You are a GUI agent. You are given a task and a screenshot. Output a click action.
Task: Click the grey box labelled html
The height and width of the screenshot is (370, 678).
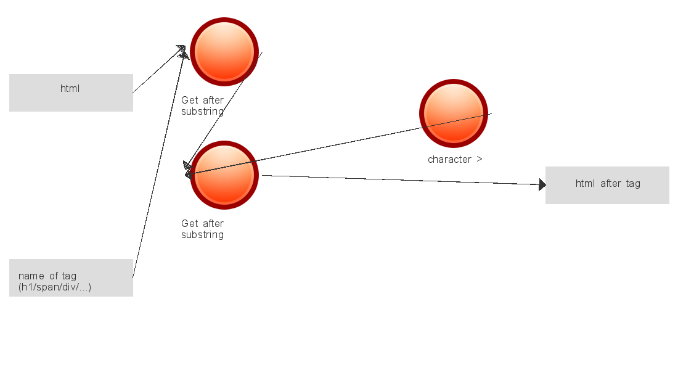point(71,92)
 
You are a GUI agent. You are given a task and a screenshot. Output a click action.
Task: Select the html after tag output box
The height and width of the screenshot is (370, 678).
point(607,185)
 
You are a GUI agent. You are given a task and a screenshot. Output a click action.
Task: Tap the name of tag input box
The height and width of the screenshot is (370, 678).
point(71,277)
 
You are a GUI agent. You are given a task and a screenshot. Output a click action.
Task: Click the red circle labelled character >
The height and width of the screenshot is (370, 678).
point(454,113)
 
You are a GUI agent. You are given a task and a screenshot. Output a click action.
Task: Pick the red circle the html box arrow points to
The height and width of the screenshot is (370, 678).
point(224,52)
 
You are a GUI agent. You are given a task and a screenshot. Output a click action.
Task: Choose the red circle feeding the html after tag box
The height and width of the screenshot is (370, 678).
point(224,175)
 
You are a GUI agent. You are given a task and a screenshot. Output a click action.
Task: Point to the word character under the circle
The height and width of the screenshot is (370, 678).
point(449,159)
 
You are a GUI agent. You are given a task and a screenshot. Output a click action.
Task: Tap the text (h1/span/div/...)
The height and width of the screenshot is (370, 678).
point(55,287)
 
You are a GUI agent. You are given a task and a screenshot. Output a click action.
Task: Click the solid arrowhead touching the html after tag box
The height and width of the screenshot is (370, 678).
point(542,184)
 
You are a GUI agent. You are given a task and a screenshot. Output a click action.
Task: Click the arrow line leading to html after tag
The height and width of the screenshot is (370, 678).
point(401,180)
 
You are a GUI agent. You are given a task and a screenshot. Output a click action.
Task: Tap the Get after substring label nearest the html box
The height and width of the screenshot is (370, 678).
point(202,105)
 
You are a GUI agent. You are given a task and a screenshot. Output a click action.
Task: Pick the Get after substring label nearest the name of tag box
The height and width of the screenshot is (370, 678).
point(202,229)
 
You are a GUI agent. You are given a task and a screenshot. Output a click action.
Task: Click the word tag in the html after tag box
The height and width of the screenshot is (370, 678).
point(633,183)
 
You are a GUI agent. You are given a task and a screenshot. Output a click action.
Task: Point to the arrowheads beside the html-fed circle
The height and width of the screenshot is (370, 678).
point(182,51)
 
